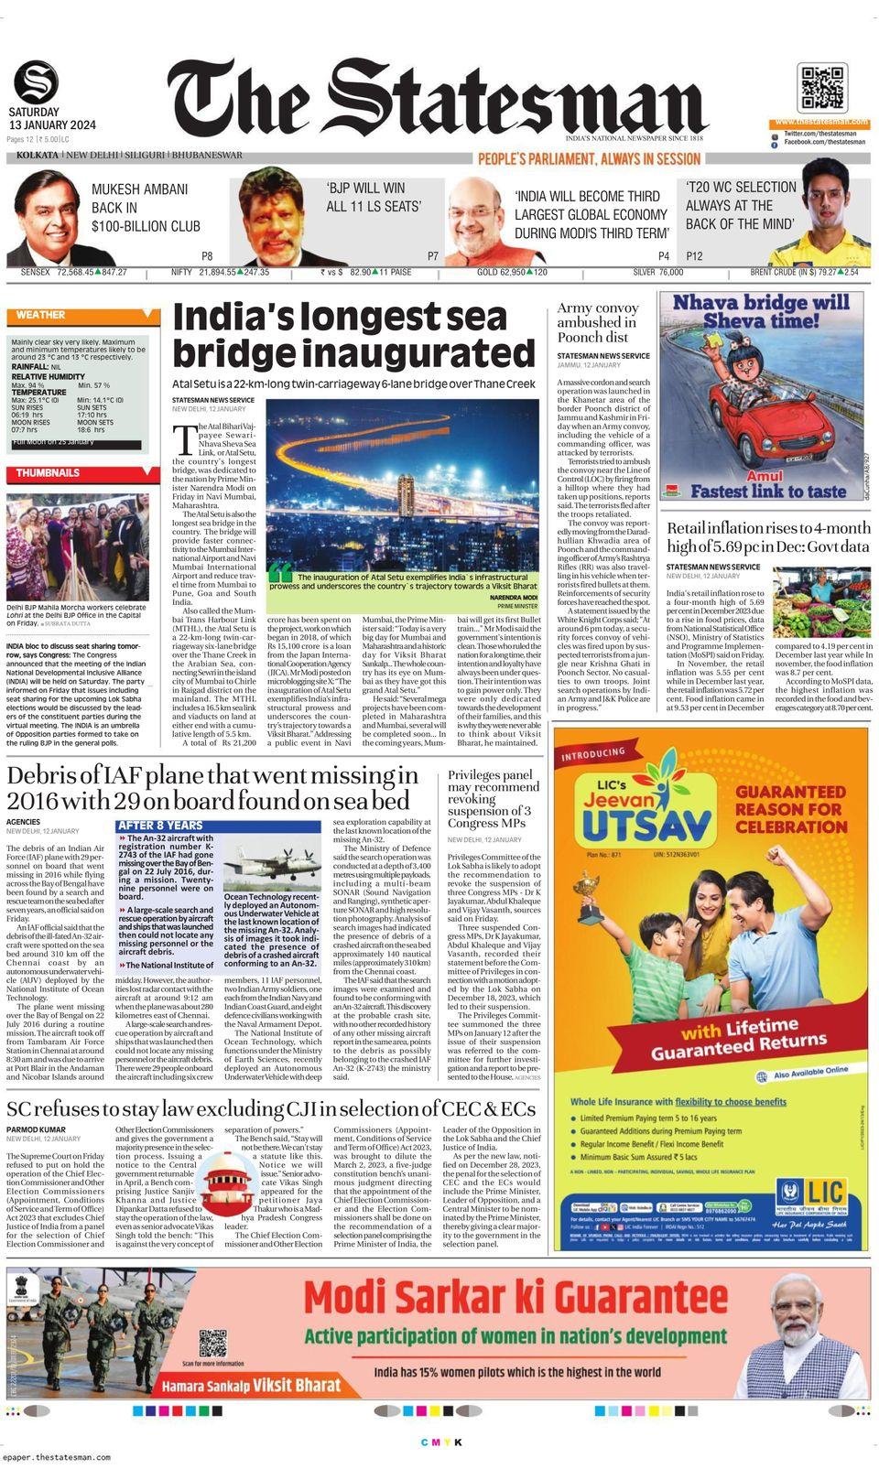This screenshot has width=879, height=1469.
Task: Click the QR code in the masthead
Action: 820,89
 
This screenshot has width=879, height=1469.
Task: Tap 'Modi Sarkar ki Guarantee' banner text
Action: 515,1297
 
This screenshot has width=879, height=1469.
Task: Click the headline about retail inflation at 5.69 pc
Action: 767,537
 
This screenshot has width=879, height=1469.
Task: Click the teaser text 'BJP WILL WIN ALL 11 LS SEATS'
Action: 374,197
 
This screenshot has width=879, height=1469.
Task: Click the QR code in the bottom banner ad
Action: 212,1344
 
